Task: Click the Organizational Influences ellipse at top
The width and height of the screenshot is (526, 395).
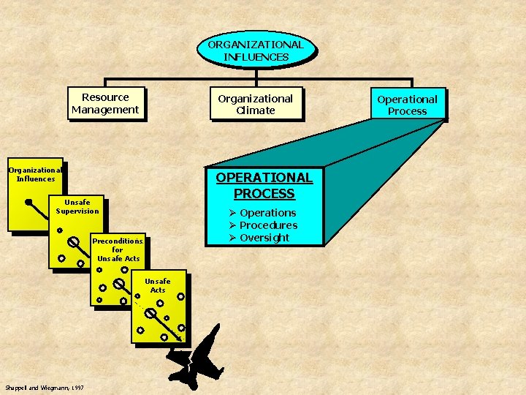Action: point(256,50)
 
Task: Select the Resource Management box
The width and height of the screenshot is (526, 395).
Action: point(105,103)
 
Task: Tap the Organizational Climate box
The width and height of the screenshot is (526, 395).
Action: point(256,104)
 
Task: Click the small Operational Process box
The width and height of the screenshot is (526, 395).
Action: point(407,105)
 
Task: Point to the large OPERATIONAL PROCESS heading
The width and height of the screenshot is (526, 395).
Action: point(264,185)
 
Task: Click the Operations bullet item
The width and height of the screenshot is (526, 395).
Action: point(267,213)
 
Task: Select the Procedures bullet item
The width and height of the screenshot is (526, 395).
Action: point(268,225)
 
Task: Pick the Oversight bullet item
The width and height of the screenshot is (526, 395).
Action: point(264,238)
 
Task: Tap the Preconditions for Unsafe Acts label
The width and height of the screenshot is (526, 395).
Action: point(118,249)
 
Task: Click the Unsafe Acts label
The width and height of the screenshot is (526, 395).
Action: point(158,285)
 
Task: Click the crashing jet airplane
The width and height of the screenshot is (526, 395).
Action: point(196,356)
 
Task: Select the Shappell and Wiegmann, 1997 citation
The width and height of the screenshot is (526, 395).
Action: point(43,387)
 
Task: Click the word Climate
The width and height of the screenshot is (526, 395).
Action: point(256,110)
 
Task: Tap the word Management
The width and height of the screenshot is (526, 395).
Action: point(105,110)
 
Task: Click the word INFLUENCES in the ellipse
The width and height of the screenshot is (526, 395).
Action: point(256,56)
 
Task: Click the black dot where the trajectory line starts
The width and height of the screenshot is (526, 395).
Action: point(28,202)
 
